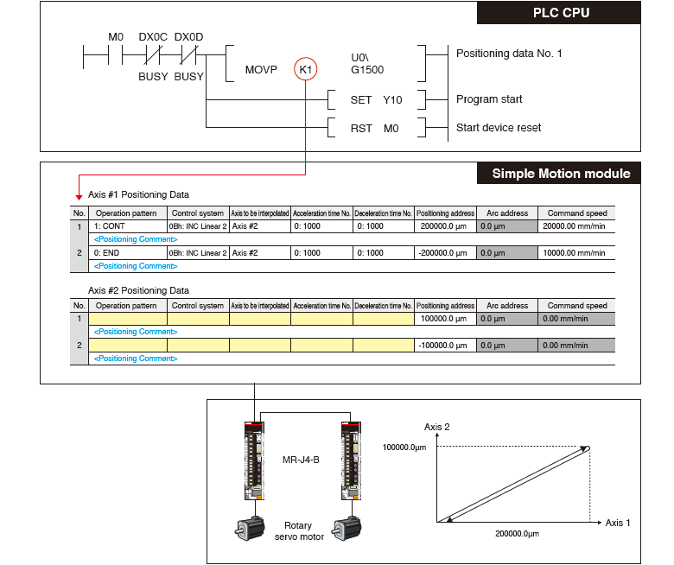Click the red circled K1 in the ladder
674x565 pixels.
click(307, 69)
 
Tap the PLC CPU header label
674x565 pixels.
click(567, 14)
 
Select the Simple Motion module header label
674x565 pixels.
click(561, 174)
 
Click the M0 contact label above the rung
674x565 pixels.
click(116, 37)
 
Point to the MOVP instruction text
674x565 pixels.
click(261, 70)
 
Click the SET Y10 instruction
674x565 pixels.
click(376, 100)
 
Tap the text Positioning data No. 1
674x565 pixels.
click(509, 54)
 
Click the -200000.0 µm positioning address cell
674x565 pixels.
click(445, 253)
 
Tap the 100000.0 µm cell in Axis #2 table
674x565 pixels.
click(445, 320)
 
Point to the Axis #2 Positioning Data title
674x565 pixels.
click(138, 291)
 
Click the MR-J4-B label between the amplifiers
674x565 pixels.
click(301, 460)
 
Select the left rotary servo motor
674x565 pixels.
click(251, 529)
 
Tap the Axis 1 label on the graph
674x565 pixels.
click(618, 523)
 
